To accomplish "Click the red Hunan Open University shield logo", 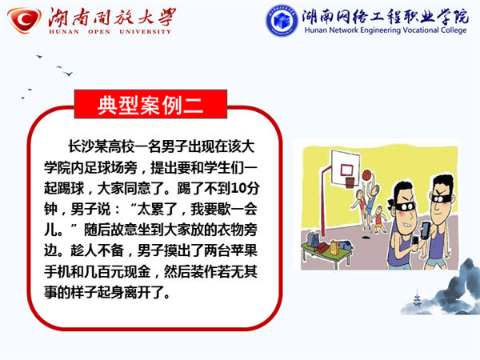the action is [x=25, y=20].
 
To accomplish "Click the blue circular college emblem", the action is [x=282, y=21].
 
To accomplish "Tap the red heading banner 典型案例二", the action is [x=150, y=104].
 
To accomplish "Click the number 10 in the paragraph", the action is [x=238, y=188].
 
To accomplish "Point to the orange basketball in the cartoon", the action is [x=366, y=174].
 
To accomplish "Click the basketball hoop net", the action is [x=350, y=182].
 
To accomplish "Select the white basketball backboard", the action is [x=345, y=167].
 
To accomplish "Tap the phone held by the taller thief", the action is [x=426, y=230].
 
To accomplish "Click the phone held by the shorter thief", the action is [x=415, y=241].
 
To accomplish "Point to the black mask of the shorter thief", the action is [x=403, y=206].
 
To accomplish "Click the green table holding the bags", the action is [x=326, y=254].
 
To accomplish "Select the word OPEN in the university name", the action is [x=99, y=31].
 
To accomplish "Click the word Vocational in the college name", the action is [x=421, y=30].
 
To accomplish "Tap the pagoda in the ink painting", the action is [x=416, y=298].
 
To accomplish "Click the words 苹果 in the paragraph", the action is [x=244, y=250].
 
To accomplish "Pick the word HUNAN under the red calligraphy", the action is [x=64, y=31].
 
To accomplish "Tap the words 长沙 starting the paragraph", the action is [x=81, y=146].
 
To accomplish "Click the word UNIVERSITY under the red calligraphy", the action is [x=145, y=31].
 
